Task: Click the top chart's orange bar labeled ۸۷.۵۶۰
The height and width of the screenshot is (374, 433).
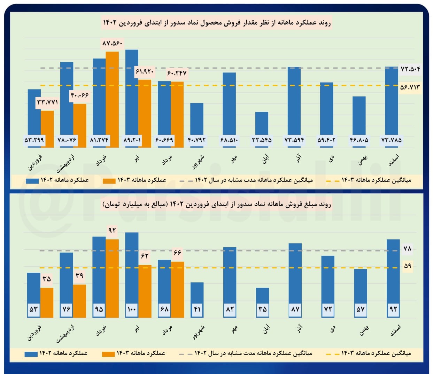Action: (112, 99)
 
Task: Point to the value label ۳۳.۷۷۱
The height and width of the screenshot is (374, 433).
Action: (47, 102)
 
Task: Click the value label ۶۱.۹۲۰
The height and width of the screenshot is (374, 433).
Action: (145, 72)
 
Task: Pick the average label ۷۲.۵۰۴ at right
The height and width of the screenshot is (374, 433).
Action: (410, 69)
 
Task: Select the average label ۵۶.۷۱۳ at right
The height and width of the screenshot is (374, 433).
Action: (410, 87)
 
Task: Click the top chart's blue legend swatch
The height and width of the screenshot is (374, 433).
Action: (32, 181)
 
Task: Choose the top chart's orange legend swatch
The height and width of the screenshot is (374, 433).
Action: (109, 181)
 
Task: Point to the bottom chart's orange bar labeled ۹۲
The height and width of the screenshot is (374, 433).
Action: (112, 279)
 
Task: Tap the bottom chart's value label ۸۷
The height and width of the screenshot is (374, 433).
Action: (295, 309)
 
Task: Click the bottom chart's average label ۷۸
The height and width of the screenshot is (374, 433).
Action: (407, 249)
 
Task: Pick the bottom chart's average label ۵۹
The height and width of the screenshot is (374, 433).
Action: (407, 266)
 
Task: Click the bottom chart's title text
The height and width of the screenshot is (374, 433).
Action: (216, 204)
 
